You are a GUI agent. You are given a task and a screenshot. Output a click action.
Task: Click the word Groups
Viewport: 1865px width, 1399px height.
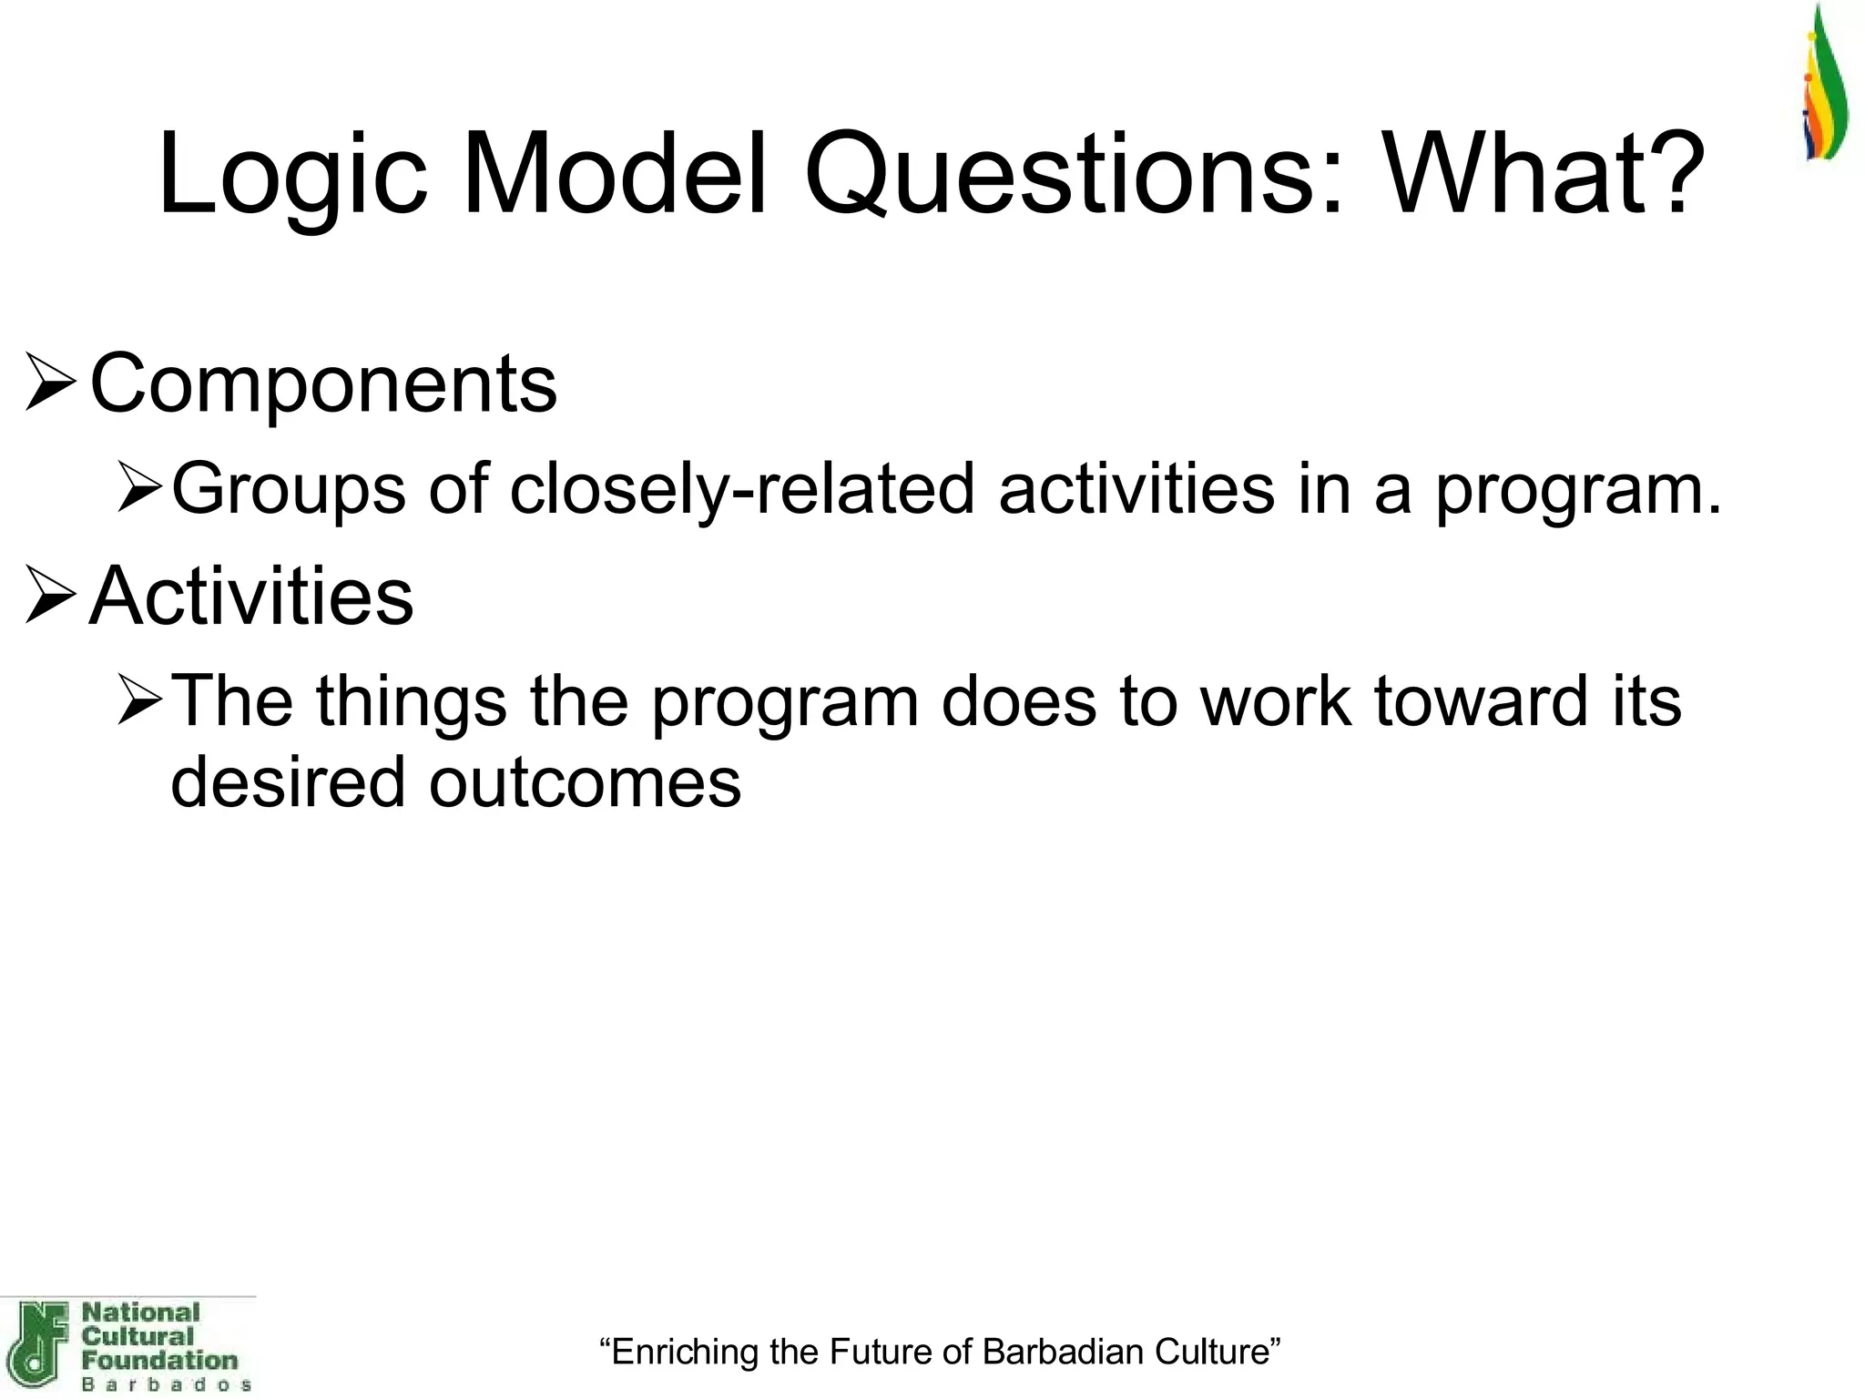(x=288, y=490)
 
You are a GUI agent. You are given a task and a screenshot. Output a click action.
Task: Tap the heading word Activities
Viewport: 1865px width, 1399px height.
(x=251, y=597)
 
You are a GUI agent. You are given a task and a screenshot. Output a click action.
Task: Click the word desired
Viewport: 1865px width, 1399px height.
(x=288, y=781)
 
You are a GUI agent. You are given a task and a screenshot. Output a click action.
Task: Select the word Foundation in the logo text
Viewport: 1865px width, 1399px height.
(x=159, y=1361)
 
